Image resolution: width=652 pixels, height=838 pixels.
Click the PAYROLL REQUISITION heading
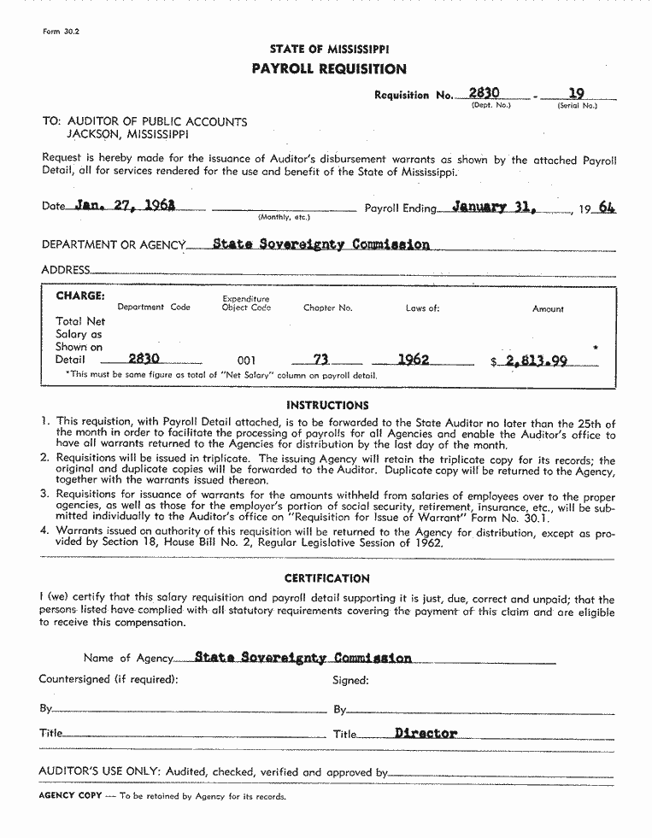[329, 69]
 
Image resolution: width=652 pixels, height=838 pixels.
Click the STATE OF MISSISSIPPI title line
[329, 50]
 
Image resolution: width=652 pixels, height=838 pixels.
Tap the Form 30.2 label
[61, 32]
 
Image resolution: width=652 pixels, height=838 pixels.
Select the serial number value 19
[577, 93]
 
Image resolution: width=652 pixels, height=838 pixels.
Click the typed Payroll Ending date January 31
[492, 206]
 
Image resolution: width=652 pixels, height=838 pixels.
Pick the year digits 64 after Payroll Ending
[607, 208]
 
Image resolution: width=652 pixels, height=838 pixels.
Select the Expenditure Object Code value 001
[245, 360]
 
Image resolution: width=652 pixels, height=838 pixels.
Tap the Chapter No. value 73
[321, 360]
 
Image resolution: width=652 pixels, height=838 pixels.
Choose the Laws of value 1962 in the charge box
[414, 360]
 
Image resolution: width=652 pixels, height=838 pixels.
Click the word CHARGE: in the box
[80, 296]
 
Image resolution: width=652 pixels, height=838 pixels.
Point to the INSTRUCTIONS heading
[327, 405]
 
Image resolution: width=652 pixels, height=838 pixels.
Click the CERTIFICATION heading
[327, 578]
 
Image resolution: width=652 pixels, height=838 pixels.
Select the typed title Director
[426, 733]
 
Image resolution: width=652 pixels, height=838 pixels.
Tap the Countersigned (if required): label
[109, 680]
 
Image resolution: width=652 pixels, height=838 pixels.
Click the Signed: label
[350, 681]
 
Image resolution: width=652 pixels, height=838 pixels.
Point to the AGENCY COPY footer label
[70, 796]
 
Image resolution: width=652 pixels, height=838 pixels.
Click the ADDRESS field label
[66, 270]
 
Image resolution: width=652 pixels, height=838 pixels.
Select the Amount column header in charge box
[548, 309]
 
